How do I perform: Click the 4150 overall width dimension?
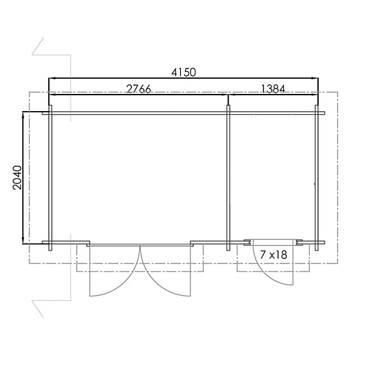tap(183, 72)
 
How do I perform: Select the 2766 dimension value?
tap(138, 89)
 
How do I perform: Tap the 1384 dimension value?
tap(274, 89)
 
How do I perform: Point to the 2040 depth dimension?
tap(18, 178)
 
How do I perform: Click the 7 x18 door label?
tap(274, 255)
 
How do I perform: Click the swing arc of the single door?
tap(268, 275)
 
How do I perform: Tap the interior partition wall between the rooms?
tap(228, 178)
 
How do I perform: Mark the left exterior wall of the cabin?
tap(50, 178)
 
